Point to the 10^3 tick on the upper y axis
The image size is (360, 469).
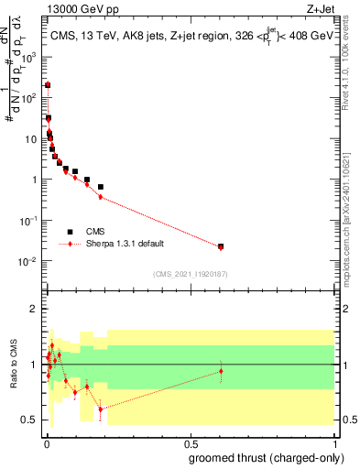(x=33, y=56)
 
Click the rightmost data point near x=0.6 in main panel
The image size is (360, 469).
(x=221, y=246)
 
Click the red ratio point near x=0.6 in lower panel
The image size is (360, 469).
(x=221, y=371)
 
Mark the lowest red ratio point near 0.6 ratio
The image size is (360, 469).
(x=100, y=409)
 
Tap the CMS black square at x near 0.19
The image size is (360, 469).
(x=100, y=187)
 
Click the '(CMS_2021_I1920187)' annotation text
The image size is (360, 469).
(x=190, y=273)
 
